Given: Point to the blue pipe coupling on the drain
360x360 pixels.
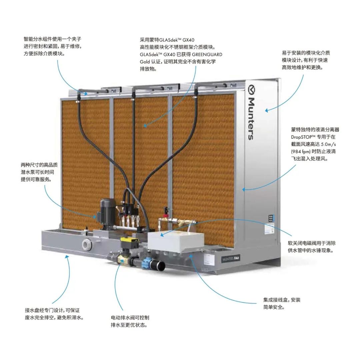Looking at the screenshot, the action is tap(145, 262).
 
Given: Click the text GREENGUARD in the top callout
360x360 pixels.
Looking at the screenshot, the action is tap(207, 54).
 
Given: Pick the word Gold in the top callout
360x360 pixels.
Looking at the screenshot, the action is tap(145, 62).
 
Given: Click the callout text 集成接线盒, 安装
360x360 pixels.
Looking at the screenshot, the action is tap(282, 300).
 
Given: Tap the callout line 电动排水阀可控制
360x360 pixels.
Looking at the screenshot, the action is tap(130, 318).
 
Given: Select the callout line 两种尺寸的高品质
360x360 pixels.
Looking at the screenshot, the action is tap(39, 165).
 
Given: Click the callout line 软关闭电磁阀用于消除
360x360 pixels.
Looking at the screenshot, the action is tap(312, 243).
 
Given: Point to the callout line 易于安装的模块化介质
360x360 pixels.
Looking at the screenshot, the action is tap(306, 53).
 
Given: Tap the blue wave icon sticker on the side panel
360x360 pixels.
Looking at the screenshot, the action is tap(271, 218).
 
